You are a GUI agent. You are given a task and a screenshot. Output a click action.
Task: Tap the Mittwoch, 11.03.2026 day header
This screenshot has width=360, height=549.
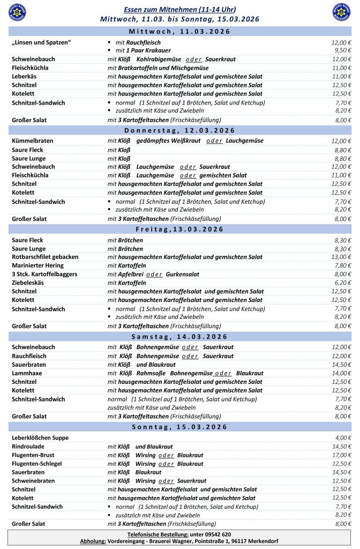(180, 32)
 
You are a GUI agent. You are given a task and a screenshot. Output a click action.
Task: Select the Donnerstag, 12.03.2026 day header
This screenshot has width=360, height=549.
(180, 130)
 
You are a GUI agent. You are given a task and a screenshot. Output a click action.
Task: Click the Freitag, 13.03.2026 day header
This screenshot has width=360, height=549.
(180, 229)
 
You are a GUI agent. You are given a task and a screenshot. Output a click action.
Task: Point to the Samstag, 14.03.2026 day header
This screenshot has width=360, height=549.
(180, 336)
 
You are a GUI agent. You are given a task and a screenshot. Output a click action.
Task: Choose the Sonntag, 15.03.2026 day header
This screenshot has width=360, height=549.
(180, 427)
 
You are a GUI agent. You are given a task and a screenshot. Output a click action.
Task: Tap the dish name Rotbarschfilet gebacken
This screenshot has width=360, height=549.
(45, 257)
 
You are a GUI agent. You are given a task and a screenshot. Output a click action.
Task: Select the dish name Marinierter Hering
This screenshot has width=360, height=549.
(37, 265)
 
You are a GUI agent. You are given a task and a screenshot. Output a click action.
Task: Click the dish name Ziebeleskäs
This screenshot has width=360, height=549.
(30, 283)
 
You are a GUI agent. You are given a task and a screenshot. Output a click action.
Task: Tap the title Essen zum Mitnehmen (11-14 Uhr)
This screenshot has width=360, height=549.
(180, 10)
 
